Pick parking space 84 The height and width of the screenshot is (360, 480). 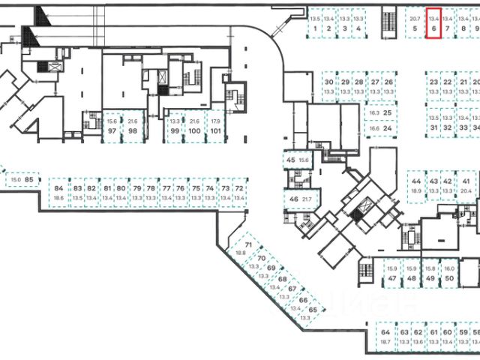click(x=58, y=193)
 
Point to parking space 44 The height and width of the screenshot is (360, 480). click(x=416, y=186)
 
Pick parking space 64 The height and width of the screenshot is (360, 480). click(x=385, y=337)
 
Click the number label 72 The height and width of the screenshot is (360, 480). click(x=239, y=188)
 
